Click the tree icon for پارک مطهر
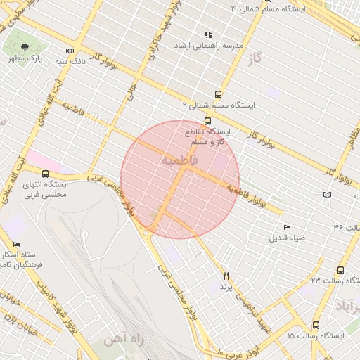click(x=25, y=47)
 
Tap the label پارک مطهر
click(x=25, y=58)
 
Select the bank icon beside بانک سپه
click(x=69, y=51)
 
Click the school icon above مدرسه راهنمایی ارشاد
click(x=207, y=34)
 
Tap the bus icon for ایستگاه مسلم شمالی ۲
click(x=219, y=94)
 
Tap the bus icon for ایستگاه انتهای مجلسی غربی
click(x=45, y=174)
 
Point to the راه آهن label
click(x=123, y=340)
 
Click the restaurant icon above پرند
click(x=226, y=276)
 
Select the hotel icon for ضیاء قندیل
click(x=286, y=227)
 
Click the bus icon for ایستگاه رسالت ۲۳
click(x=341, y=270)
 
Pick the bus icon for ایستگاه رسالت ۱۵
click(x=316, y=326)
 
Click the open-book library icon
click(x=326, y=195)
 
